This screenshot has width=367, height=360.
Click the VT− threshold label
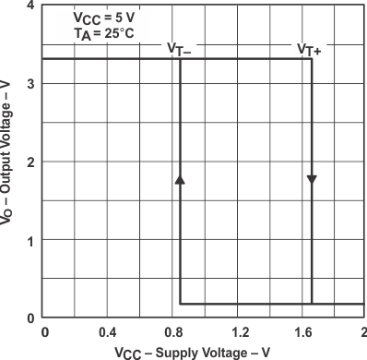pos(181,49)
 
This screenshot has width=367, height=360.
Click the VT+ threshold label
pos(311,49)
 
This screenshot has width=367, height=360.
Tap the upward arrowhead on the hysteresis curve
pos(180,179)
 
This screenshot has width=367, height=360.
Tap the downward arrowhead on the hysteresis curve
pos(312,178)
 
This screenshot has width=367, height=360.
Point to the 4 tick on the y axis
pos(32,6)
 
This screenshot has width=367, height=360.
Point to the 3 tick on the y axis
pos(32,84)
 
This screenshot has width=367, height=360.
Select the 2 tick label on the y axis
pos(32,162)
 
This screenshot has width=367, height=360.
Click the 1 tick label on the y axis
pos(32,241)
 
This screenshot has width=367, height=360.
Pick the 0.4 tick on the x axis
pos(107,331)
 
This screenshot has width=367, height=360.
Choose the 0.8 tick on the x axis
pos(172,331)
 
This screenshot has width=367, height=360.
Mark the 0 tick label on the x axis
pos(43,331)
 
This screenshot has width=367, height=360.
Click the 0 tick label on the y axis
pos(32,318)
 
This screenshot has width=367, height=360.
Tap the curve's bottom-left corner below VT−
pos(180,303)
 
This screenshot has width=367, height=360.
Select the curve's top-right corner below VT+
pos(312,59)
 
